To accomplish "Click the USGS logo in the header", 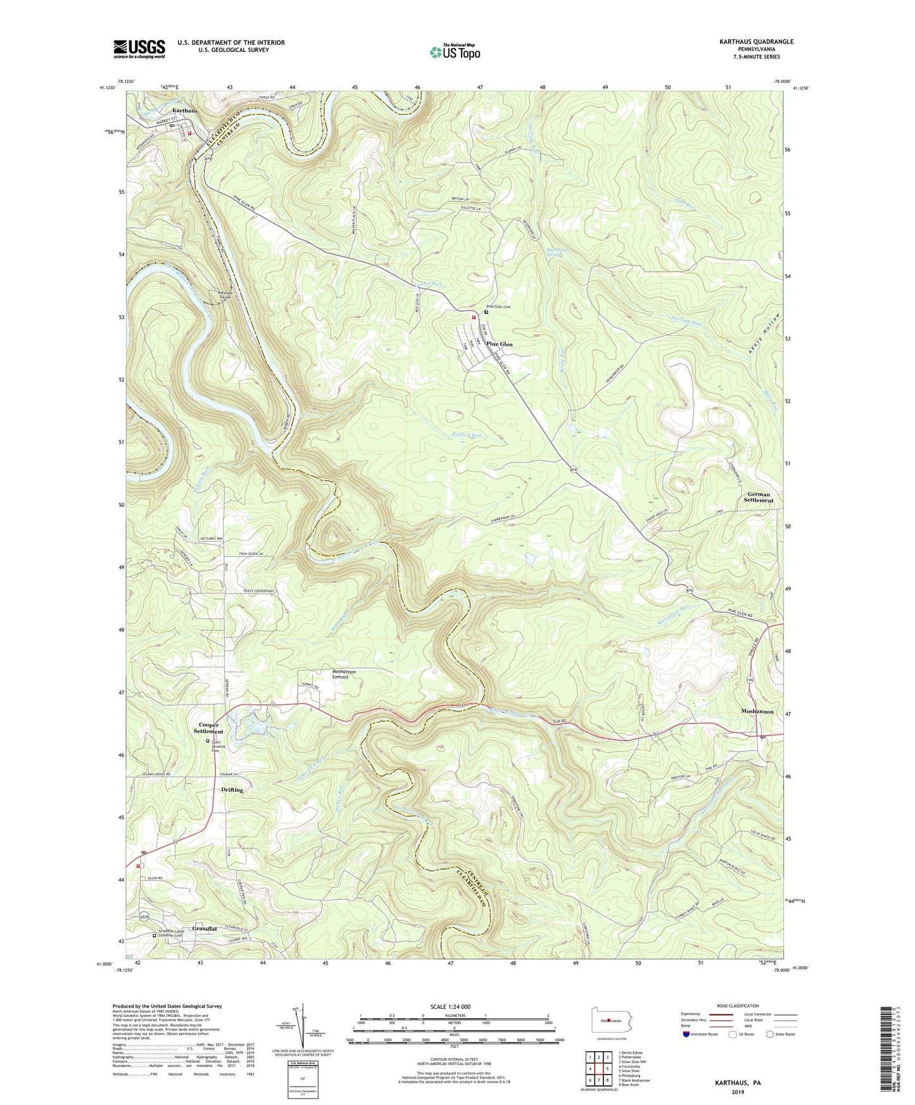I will coord(139,49).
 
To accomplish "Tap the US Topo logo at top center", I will coord(454,51).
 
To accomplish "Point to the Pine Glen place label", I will coord(500,344).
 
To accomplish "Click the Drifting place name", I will coord(232,790).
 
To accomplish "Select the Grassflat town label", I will coord(204,929).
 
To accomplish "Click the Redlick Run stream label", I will coord(467,435).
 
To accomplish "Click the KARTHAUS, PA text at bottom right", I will coord(738,1083).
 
